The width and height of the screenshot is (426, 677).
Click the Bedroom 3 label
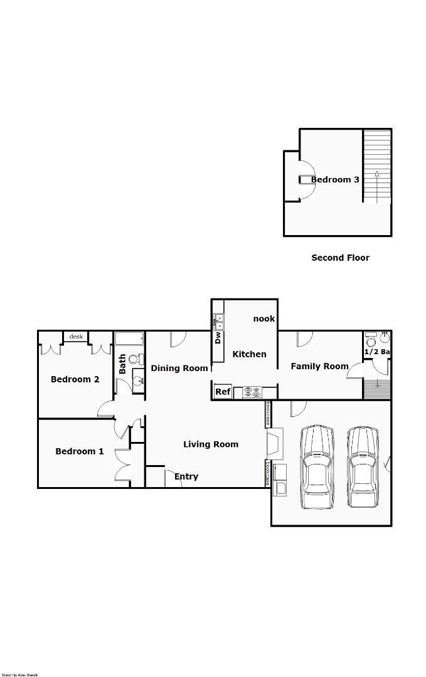335,180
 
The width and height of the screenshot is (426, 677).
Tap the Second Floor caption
340,258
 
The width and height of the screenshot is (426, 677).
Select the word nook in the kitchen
264,318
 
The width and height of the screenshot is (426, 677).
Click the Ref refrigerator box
223,392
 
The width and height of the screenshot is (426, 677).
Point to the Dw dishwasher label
218,338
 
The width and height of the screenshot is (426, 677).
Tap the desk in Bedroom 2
76,337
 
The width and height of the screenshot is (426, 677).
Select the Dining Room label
179,368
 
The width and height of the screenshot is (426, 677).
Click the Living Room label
211,444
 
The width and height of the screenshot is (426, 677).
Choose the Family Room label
319,366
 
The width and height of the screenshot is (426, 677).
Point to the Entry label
186,476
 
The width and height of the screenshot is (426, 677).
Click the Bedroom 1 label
80,451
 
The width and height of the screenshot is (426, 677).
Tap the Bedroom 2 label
75,379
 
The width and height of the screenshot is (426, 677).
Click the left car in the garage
316,467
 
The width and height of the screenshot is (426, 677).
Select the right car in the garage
363,467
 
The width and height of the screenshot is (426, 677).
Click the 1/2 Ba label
377,352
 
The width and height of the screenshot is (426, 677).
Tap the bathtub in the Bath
129,339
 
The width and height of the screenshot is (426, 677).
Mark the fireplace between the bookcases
275,442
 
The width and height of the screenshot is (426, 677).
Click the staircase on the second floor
377,166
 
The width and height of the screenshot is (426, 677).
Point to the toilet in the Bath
134,360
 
